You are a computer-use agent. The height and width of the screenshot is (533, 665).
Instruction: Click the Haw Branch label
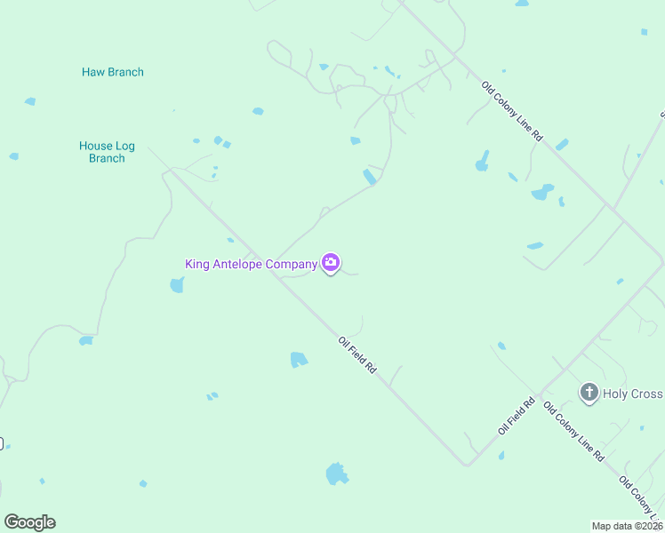click(x=113, y=72)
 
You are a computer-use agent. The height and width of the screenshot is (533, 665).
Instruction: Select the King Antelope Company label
click(x=251, y=264)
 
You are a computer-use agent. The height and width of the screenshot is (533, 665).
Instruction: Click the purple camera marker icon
click(x=331, y=262)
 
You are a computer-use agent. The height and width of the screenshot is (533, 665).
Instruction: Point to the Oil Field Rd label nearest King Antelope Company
click(x=357, y=354)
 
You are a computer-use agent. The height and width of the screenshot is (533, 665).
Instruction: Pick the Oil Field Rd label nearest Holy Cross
click(x=517, y=415)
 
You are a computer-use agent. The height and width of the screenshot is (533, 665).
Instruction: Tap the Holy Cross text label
click(x=632, y=394)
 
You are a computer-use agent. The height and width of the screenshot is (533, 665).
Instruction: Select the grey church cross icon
click(x=589, y=393)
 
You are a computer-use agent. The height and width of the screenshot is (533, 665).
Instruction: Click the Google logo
click(x=29, y=522)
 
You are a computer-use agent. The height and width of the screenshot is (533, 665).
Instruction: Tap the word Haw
click(x=93, y=72)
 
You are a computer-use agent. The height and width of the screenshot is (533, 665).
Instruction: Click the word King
click(x=196, y=264)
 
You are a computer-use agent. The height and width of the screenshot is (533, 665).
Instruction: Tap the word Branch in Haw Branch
click(x=125, y=72)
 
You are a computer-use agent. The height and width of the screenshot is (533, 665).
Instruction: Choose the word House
click(x=96, y=146)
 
